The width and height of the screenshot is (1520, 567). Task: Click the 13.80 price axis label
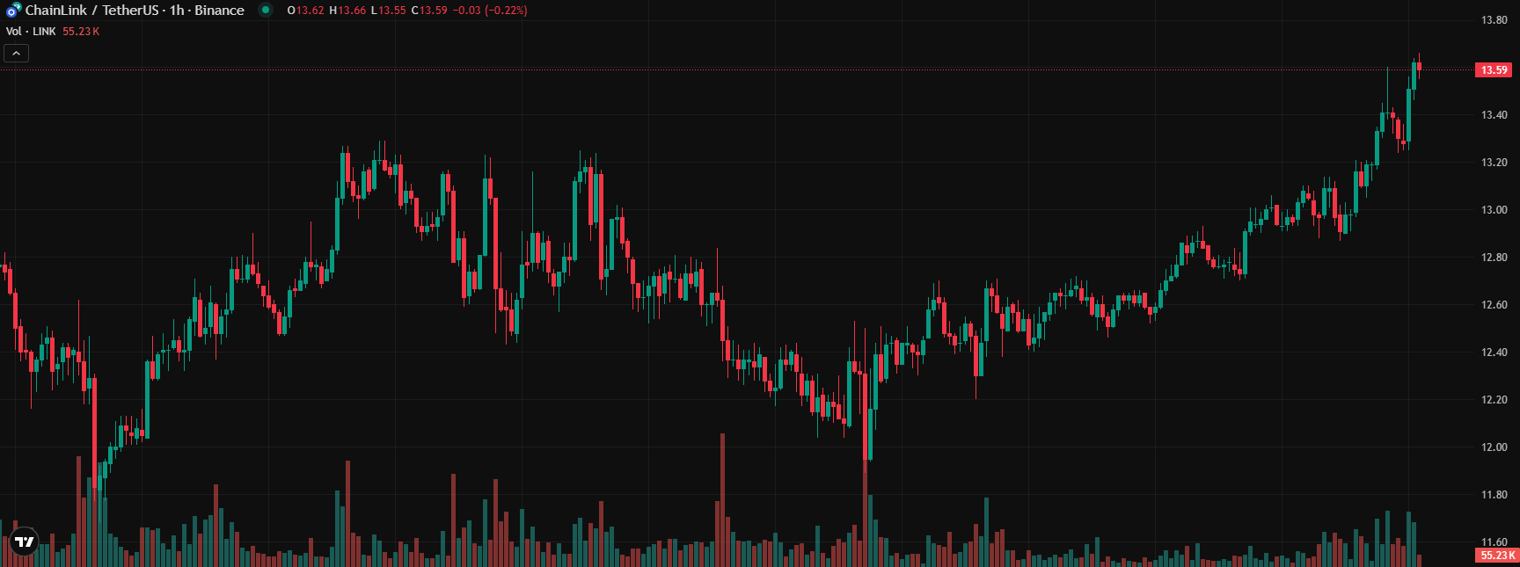click(x=1494, y=20)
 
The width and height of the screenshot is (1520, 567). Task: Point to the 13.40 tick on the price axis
click(x=1494, y=115)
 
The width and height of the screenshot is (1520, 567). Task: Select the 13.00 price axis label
click(x=1494, y=210)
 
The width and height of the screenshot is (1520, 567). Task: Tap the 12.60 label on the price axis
click(x=1494, y=305)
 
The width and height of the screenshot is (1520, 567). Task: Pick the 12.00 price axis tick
click(x=1494, y=447)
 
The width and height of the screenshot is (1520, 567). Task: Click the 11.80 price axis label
click(x=1494, y=495)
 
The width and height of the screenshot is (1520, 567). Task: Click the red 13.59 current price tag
click(x=1493, y=70)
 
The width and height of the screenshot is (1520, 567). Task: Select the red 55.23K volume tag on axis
click(x=1497, y=556)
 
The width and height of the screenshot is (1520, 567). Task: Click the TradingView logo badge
click(x=24, y=542)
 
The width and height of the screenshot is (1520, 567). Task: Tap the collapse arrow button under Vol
click(x=16, y=54)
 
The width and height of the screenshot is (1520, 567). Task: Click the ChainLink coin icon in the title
click(x=13, y=11)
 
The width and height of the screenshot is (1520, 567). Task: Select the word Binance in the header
click(x=219, y=11)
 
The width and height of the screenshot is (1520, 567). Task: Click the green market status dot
click(x=266, y=11)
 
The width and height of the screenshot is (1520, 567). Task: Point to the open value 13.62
click(x=310, y=11)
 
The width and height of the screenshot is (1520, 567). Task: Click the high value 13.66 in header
click(x=352, y=11)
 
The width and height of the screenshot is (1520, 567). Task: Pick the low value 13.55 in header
click(x=392, y=11)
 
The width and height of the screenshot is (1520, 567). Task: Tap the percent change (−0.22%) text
click(x=506, y=11)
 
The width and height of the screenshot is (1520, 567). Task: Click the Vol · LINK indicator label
click(x=31, y=32)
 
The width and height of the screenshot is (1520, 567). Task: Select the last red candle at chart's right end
click(x=1419, y=67)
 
